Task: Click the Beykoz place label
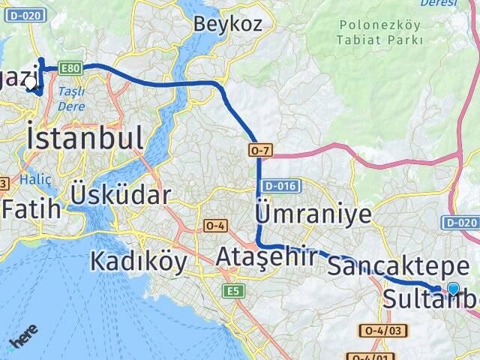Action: (228, 23)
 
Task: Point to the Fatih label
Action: (31, 209)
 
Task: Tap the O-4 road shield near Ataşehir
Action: (215, 225)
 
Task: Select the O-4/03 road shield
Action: (385, 330)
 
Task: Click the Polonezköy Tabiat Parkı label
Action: (379, 31)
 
